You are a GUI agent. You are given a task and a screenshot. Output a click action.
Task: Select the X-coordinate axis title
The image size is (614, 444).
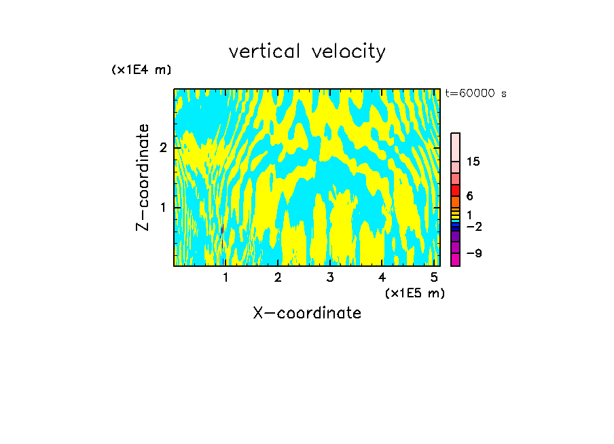[x=307, y=313]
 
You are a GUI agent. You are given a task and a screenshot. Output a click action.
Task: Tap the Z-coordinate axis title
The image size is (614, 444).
[x=143, y=177]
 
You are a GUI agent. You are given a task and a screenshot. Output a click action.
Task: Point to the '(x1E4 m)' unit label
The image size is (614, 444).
[x=141, y=70]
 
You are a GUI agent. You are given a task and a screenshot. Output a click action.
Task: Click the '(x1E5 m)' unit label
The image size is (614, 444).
[x=414, y=293]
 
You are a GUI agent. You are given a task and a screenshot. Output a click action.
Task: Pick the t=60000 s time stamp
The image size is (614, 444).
[x=476, y=94]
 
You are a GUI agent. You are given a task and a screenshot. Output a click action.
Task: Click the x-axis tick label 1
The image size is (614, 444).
[x=225, y=278]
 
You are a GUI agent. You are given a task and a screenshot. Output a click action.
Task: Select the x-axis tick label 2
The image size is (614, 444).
[x=278, y=278]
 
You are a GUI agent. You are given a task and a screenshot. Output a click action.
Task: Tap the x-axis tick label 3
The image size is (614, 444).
[x=330, y=278]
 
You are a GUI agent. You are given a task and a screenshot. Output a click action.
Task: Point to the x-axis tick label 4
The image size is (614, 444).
[x=382, y=278]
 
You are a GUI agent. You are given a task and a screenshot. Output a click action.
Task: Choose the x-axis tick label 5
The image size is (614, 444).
[x=434, y=278]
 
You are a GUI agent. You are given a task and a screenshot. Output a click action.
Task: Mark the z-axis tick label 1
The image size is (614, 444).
[x=163, y=207]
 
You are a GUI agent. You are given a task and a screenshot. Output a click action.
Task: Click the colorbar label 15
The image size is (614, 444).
[x=473, y=162]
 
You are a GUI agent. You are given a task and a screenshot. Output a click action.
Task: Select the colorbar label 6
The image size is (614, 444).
[x=469, y=196]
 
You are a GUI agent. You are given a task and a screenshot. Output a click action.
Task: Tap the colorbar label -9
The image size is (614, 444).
[x=473, y=253]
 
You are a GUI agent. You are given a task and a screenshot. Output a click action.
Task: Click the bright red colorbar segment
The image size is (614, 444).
[x=455, y=190]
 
